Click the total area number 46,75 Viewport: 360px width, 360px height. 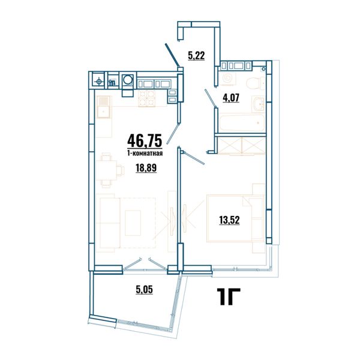[x=145, y=141]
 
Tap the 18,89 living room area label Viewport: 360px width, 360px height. [x=146, y=168]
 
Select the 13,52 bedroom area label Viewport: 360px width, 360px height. [x=229, y=220]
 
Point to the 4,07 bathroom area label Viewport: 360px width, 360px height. [x=231, y=98]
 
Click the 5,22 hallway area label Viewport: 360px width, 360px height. [x=196, y=56]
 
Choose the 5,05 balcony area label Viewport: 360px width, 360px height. [x=145, y=290]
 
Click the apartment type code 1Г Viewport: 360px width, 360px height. [x=229, y=296]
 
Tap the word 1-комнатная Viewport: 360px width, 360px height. [x=145, y=153]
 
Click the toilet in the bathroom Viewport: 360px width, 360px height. [x=256, y=83]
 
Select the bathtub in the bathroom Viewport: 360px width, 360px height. [x=242, y=123]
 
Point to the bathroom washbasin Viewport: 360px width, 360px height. [x=259, y=104]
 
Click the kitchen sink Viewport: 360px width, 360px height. [x=104, y=107]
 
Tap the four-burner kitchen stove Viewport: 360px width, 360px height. [x=146, y=99]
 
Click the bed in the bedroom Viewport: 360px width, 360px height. [x=235, y=218]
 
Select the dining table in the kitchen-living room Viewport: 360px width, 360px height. [x=106, y=170]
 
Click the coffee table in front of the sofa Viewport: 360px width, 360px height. [x=133, y=223]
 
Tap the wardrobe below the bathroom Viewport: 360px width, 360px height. [x=242, y=145]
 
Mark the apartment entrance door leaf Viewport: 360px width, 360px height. [x=172, y=55]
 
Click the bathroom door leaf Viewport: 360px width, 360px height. [x=211, y=98]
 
